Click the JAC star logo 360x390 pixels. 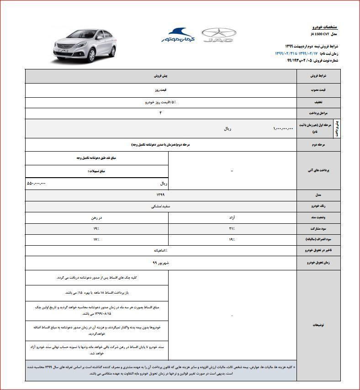pos(219,35)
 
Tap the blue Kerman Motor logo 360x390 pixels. pos(177,35)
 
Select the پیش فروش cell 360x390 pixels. pos(160,76)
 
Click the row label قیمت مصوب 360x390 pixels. pos(318,90)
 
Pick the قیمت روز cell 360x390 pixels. pos(160,90)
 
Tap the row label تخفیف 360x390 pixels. pos(318,102)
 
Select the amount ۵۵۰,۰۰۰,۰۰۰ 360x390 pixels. pos(37,183)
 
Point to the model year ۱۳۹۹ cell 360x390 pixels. pos(160,195)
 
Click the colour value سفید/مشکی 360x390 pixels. pos(160,206)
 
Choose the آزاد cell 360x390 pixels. pos(232,217)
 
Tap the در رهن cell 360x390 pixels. pos(96,217)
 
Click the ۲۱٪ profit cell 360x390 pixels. pos(232,228)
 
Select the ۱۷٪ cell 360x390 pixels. pos(96,239)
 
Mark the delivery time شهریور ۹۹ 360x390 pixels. pos(160,263)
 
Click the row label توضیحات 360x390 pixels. pos(318,325)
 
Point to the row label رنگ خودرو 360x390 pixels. pos(318,206)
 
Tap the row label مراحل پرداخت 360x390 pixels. pos(318,113)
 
